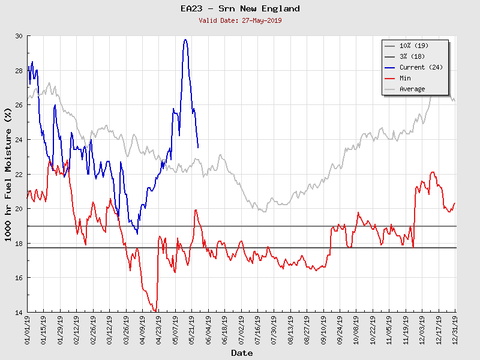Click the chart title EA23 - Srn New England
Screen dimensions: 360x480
tap(240, 9)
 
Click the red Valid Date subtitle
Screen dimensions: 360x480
tap(240, 20)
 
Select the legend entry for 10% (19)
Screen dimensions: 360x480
tap(414, 46)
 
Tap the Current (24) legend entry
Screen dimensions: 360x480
tap(421, 67)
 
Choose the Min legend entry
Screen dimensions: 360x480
tap(406, 78)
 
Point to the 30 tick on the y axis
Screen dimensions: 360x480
tap(19, 36)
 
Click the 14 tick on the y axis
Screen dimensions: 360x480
tap(19, 313)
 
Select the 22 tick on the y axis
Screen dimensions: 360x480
tap(19, 175)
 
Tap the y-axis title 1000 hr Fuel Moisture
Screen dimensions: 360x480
tap(9, 174)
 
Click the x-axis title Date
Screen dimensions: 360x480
tap(242, 353)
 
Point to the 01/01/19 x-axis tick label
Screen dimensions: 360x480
tap(28, 330)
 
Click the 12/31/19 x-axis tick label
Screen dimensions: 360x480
tap(455, 330)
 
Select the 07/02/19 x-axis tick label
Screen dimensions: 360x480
tap(241, 330)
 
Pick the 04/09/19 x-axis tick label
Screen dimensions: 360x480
tap(143, 330)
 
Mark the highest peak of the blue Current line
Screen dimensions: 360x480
tap(185, 40)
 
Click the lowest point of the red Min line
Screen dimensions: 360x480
tap(155, 311)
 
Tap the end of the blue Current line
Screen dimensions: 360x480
tap(198, 148)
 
